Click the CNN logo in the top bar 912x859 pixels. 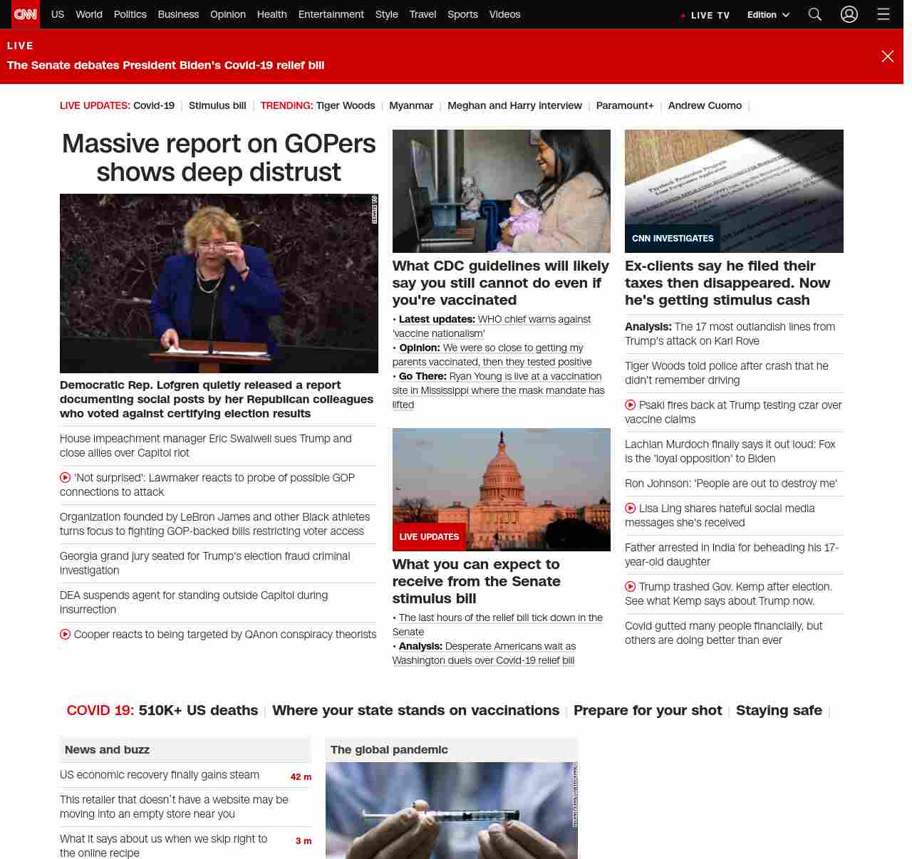click(x=26, y=14)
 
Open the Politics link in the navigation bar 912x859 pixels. click(x=130, y=14)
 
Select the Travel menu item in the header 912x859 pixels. click(x=423, y=14)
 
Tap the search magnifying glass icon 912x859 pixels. click(x=815, y=14)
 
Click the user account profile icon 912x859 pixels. click(x=849, y=14)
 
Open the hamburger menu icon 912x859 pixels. click(x=883, y=14)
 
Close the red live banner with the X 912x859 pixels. click(x=887, y=56)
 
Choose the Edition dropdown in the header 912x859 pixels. click(x=768, y=15)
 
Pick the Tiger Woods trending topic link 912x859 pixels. click(x=346, y=105)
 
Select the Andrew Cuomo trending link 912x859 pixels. click(x=705, y=105)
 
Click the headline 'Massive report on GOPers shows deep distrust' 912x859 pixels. click(x=219, y=157)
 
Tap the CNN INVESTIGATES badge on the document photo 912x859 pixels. click(x=673, y=239)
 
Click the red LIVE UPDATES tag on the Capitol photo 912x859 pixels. click(x=429, y=537)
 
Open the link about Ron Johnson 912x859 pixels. click(x=730, y=484)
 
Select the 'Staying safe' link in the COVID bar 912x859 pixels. click(x=779, y=710)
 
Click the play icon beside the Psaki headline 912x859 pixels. click(x=631, y=405)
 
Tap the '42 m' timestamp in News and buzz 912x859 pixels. click(x=301, y=777)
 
